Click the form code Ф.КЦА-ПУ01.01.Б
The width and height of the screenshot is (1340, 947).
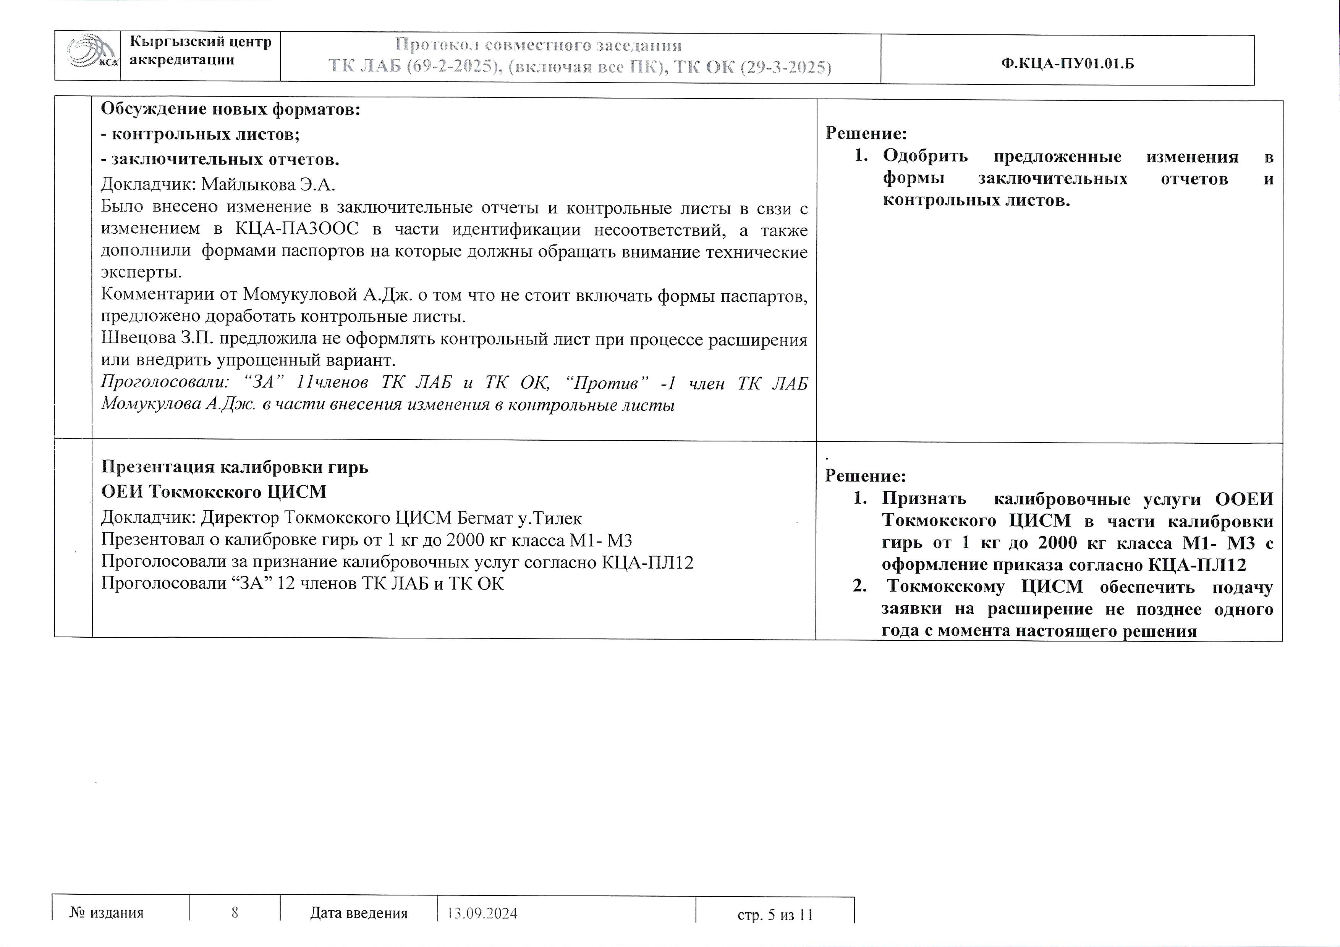(x=1067, y=64)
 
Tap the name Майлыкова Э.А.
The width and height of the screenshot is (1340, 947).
(x=269, y=184)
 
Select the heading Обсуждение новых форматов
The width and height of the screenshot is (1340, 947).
(x=231, y=109)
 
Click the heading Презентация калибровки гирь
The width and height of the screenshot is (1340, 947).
(x=235, y=467)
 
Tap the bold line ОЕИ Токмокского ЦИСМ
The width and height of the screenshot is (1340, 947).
(x=214, y=492)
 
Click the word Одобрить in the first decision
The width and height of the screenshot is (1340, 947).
(x=925, y=157)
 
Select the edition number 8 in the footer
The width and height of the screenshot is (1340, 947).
(x=235, y=913)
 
